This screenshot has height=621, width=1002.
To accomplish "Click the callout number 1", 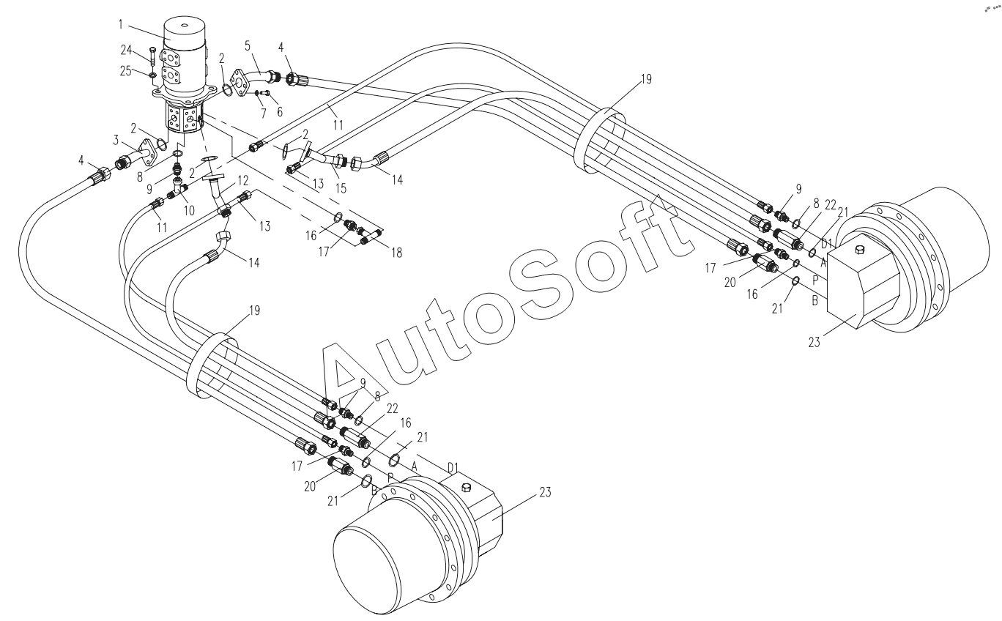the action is coord(120,25).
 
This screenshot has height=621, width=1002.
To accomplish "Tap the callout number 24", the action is coord(126,50).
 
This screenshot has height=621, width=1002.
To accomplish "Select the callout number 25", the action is coord(126,70).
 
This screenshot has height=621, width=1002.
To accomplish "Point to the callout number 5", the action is coord(248,45).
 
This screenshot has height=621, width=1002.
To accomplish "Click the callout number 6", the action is coord(280,111).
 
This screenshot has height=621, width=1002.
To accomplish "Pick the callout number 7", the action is coord(263,114).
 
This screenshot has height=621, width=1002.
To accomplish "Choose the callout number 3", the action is coord(116,141).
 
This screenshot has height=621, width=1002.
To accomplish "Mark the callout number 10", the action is coord(189,210).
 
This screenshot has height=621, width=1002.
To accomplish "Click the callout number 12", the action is coord(243,181).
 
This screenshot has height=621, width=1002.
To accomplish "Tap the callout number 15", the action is coord(341,188).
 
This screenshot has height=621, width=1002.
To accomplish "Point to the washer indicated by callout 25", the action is coord(153,75).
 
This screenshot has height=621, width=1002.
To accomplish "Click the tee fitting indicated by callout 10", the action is coord(179,187).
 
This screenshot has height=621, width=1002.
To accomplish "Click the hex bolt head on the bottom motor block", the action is coord(466,488).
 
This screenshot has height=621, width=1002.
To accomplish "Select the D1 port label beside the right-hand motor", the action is coord(826,244).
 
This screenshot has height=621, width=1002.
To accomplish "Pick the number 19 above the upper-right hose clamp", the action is coord(646,79).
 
